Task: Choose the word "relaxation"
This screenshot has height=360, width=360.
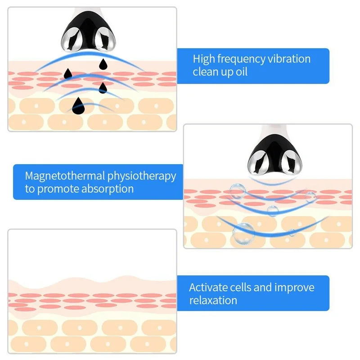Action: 213,300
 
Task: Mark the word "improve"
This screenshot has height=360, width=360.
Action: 294,288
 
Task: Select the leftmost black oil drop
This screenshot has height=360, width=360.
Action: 68,73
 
